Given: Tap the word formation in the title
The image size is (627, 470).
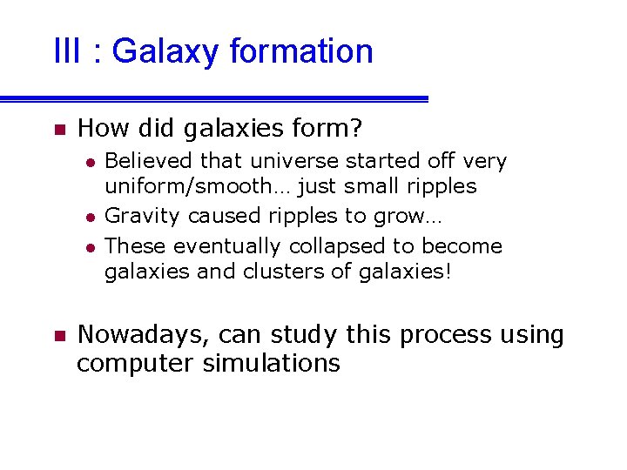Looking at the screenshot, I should click(x=301, y=51).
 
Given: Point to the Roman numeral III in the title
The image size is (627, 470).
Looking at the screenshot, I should click(x=66, y=51).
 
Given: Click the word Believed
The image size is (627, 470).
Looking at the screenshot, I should click(x=149, y=161).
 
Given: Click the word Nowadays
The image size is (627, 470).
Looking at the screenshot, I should click(x=143, y=335).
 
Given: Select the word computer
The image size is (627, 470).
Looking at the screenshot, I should click(x=135, y=363).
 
